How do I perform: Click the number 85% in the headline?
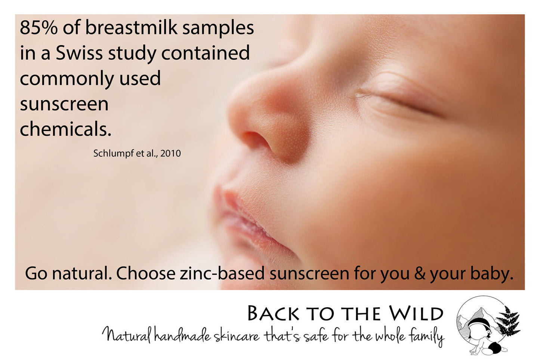click(x=39, y=28)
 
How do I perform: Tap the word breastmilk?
click(x=132, y=27)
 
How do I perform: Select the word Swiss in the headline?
click(x=79, y=53)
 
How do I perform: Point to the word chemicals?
click(x=65, y=129)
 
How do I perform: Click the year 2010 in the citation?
click(x=170, y=153)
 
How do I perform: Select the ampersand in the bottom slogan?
click(x=420, y=273)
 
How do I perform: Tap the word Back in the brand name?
click(x=274, y=314)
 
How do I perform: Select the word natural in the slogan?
click(x=82, y=273)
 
